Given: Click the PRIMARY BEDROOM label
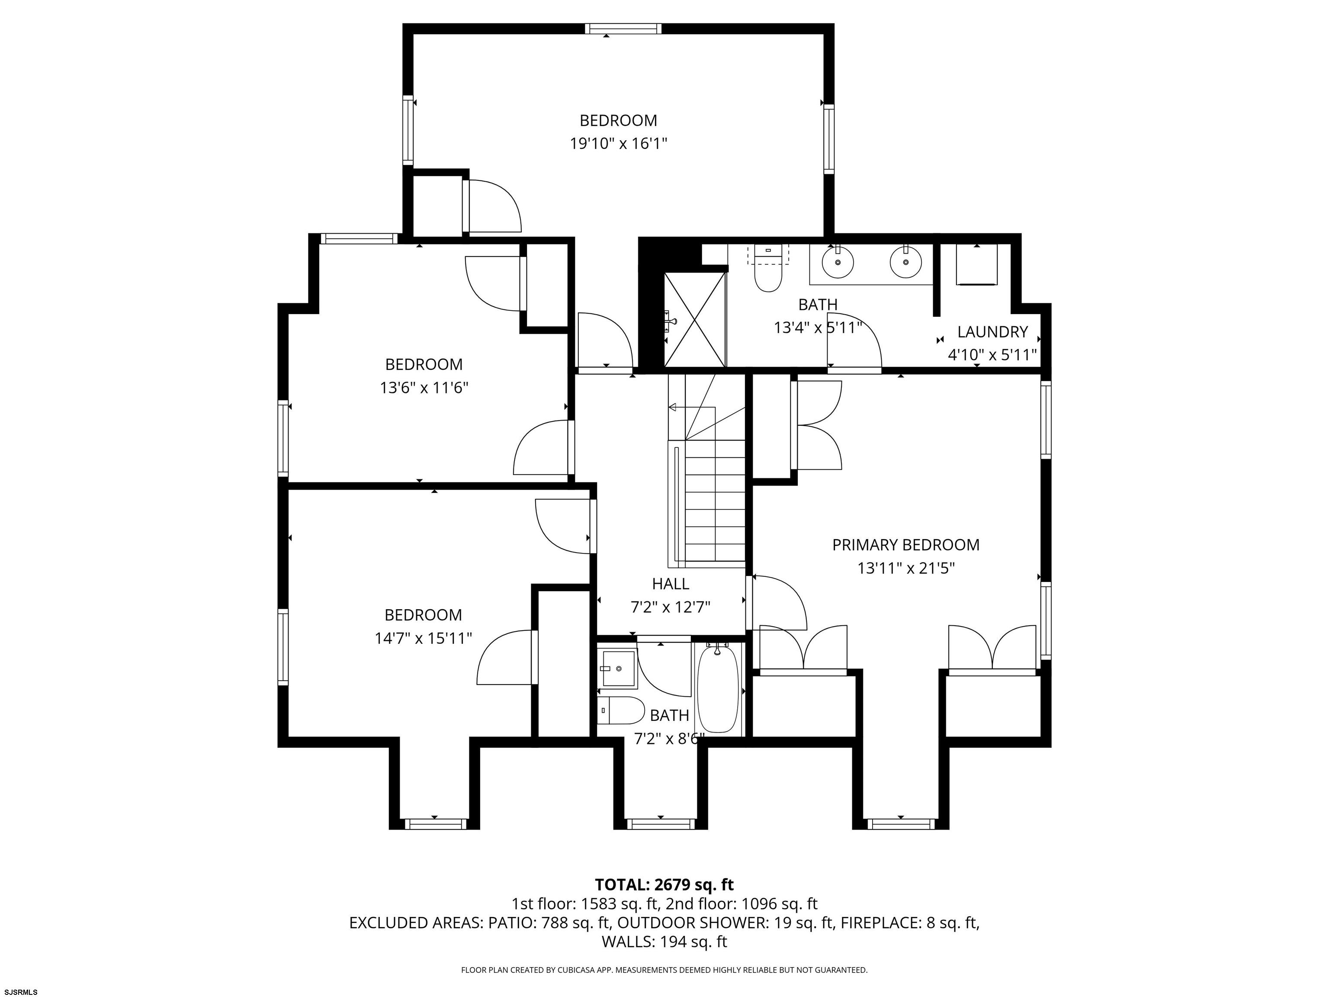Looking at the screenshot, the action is coord(905,545).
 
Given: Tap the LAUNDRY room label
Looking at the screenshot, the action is coord(992,332).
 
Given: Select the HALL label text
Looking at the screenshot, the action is coord(671,584).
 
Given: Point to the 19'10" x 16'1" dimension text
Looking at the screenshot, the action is coord(618,144).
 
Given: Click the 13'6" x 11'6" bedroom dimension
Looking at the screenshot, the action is coord(424,388).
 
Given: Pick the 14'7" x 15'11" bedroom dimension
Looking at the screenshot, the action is coord(423,638).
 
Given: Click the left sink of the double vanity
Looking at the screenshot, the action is coord(838,263).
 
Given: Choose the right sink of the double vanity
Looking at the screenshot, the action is coord(905,263).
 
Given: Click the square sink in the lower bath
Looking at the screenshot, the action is coord(618,668).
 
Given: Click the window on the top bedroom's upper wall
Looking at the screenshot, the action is coord(623,29).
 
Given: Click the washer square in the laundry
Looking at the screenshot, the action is coord(977,264).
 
